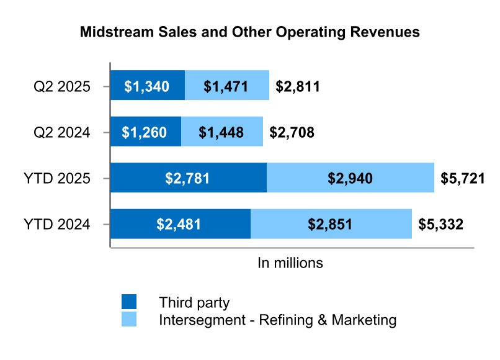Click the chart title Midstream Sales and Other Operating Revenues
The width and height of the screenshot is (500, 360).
pyautogui.click(x=250, y=33)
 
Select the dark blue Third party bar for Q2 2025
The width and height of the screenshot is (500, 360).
pyautogui.click(x=147, y=86)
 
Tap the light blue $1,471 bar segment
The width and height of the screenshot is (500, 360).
pyautogui.click(x=227, y=86)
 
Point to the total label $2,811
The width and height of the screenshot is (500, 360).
pyautogui.click(x=298, y=86)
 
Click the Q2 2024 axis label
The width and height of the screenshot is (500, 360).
pyautogui.click(x=62, y=132)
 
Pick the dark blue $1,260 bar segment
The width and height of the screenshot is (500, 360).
pyautogui.click(x=145, y=132)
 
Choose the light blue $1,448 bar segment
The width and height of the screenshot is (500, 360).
pyautogui.click(x=221, y=132)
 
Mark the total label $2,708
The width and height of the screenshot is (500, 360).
pyautogui.click(x=292, y=132)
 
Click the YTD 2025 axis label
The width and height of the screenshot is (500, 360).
pyautogui.click(x=58, y=178)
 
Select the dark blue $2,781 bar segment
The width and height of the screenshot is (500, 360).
pyautogui.click(x=188, y=178)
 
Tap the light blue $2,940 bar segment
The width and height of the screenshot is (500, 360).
pyautogui.click(x=350, y=178)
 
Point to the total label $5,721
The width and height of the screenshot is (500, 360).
pyautogui.click(x=463, y=179)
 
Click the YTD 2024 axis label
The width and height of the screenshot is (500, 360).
pyautogui.click(x=58, y=224)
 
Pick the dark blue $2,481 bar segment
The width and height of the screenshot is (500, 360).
pyautogui.click(x=180, y=224)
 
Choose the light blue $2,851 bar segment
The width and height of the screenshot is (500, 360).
pyautogui.click(x=331, y=224)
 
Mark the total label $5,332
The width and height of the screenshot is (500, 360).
pyautogui.click(x=440, y=225)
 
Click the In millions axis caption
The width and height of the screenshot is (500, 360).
pyautogui.click(x=290, y=263)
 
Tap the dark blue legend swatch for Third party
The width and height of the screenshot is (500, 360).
pyautogui.click(x=129, y=302)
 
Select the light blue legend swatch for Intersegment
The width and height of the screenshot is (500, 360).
pyautogui.click(x=129, y=320)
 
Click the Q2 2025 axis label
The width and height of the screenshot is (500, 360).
pyautogui.click(x=62, y=86)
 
